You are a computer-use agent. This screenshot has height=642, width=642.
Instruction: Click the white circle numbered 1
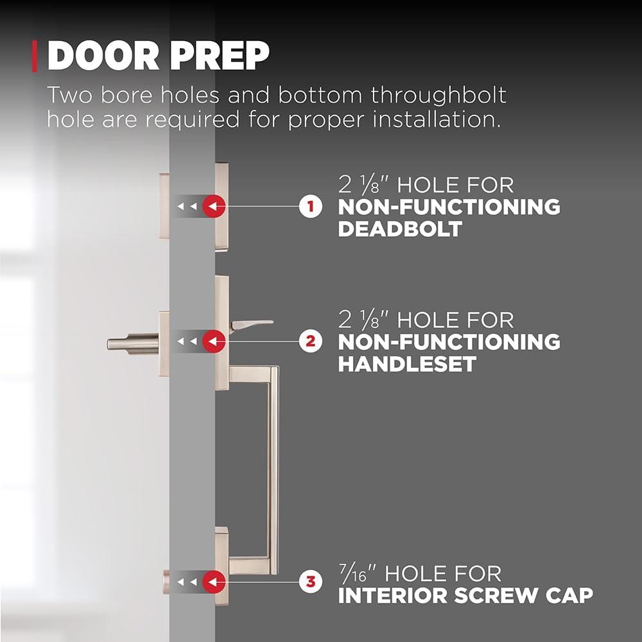pyautogui.click(x=310, y=206)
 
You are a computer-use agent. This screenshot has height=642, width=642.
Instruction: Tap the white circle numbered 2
pyautogui.click(x=310, y=341)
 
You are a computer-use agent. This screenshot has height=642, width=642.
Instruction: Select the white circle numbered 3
pyautogui.click(x=310, y=582)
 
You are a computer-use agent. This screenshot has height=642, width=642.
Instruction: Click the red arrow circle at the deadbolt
pyautogui.click(x=214, y=206)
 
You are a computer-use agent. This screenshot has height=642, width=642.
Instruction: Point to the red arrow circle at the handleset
pyautogui.click(x=214, y=341)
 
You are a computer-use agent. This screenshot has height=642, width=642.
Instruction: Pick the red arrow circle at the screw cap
pyautogui.click(x=214, y=582)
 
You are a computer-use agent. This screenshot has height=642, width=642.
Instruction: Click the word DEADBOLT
pyautogui.click(x=400, y=229)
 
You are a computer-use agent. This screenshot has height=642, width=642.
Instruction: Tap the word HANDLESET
pyautogui.click(x=408, y=364)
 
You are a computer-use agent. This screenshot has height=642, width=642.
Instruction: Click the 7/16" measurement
pyautogui.click(x=356, y=573)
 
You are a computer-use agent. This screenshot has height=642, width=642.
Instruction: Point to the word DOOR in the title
pyautogui.click(x=103, y=56)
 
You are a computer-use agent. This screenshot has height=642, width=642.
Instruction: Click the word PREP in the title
pyautogui.click(x=220, y=56)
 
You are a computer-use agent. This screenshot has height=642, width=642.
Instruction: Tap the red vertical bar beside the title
pyautogui.click(x=35, y=56)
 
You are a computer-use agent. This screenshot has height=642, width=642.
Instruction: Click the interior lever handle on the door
pyautogui.click(x=133, y=343)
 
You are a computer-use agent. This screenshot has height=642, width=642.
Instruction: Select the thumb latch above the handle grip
pyautogui.click(x=250, y=325)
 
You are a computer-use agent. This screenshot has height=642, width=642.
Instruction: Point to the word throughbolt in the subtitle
pyautogui.click(x=438, y=96)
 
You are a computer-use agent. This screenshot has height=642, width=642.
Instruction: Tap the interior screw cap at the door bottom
pyautogui.click(x=166, y=582)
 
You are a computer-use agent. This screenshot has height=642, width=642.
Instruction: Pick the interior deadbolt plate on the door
pyautogui.click(x=164, y=206)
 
